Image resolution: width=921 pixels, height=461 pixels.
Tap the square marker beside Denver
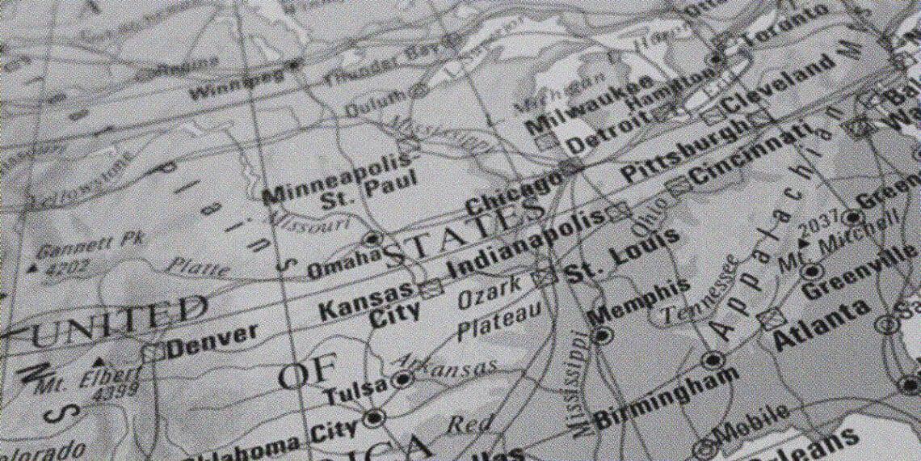pyautogui.click(x=153, y=352)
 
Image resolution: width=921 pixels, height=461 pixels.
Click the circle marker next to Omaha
pyautogui.click(x=372, y=239)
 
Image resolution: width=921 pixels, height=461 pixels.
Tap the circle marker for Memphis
pyautogui.click(x=602, y=335)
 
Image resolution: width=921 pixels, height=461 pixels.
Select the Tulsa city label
pyautogui.click(x=355, y=391)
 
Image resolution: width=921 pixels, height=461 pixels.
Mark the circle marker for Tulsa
pyautogui.click(x=402, y=379)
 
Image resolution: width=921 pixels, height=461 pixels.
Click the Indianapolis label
pyautogui.click(x=525, y=243)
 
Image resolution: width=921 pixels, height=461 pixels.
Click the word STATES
pyautogui.click(x=465, y=235)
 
